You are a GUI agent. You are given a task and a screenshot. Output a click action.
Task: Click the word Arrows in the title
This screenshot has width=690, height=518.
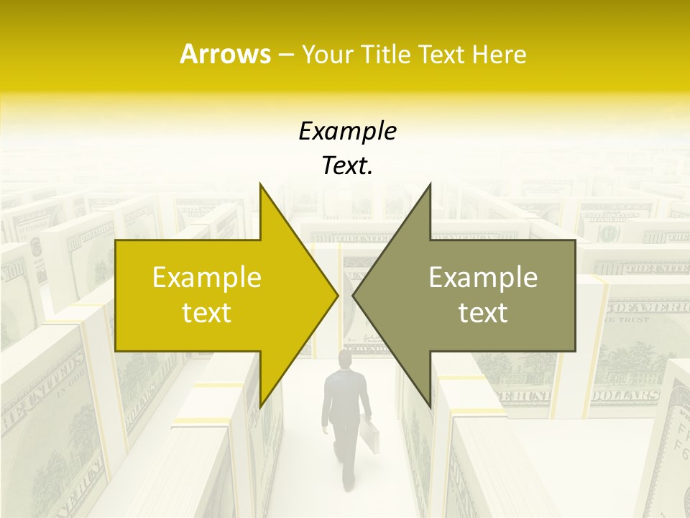click(225, 54)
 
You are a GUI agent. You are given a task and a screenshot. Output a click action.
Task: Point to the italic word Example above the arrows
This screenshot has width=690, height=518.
click(347, 131)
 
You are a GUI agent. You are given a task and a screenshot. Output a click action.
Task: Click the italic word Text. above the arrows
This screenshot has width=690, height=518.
click(347, 165)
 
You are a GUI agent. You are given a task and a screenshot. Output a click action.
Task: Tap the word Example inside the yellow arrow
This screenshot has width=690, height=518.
click(207, 278)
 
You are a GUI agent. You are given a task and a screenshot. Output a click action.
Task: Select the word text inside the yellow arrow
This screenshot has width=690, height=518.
click(207, 313)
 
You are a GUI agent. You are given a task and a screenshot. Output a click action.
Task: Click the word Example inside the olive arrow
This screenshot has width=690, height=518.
click(483, 278)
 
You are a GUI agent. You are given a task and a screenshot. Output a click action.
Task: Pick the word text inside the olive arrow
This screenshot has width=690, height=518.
click(483, 313)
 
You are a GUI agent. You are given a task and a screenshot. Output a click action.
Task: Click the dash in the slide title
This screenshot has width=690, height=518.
click(285, 55)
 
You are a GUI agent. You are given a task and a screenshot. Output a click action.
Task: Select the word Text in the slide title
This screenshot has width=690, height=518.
click(443, 54)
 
